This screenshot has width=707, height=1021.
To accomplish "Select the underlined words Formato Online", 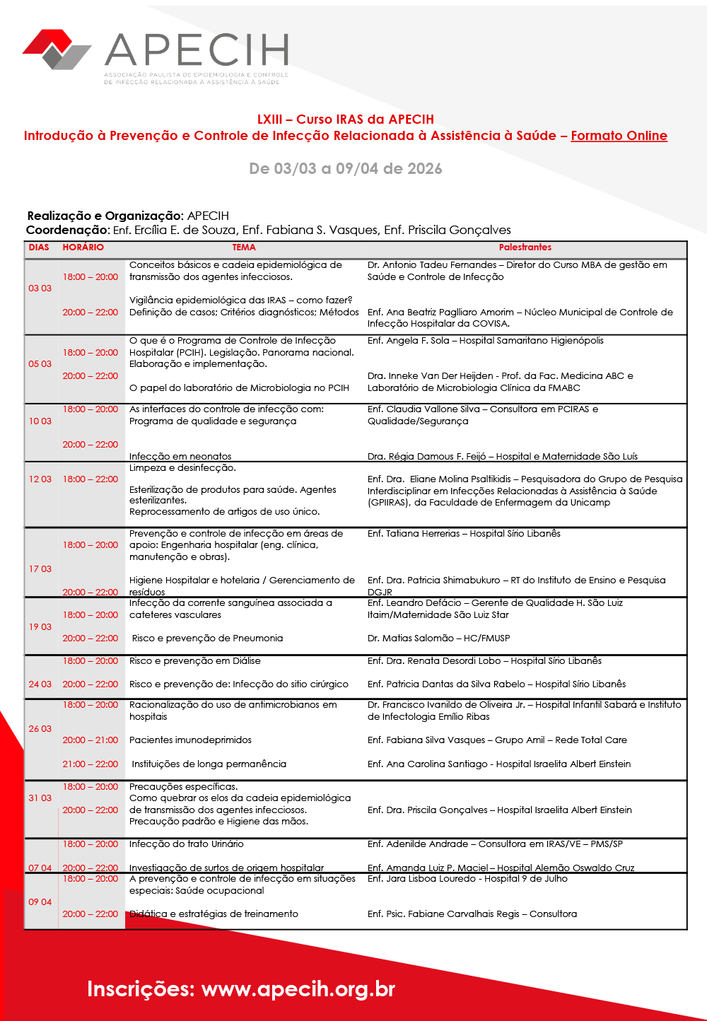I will pyautogui.click(x=619, y=136).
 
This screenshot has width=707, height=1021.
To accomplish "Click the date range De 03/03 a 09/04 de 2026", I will pyautogui.click(x=345, y=169).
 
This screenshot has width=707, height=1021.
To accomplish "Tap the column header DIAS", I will pyautogui.click(x=39, y=247).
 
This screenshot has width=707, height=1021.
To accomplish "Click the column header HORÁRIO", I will pyautogui.click(x=83, y=247).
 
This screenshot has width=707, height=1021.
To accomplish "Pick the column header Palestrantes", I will pyautogui.click(x=525, y=247).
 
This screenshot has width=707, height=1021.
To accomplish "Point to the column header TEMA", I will pyautogui.click(x=244, y=247).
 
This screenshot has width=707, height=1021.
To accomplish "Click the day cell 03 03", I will pyautogui.click(x=40, y=288).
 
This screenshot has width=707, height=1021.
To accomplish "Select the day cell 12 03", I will pyautogui.click(x=40, y=479).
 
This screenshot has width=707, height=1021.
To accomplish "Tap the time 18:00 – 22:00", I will pyautogui.click(x=90, y=479).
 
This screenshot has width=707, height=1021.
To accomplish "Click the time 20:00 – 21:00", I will pyautogui.click(x=90, y=740).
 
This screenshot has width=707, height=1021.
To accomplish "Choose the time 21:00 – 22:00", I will pyautogui.click(x=90, y=764).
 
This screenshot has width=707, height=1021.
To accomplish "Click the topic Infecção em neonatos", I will pyautogui.click(x=180, y=457).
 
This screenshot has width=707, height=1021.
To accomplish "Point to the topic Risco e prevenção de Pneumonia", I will pyautogui.click(x=207, y=638).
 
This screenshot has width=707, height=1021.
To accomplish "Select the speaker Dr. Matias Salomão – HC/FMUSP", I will pyautogui.click(x=438, y=638).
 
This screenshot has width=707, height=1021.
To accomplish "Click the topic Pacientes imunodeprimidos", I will pyautogui.click(x=190, y=740).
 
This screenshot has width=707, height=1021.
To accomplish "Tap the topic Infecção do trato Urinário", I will pyautogui.click(x=186, y=844).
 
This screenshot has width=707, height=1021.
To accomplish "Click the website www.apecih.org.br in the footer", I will pyautogui.click(x=298, y=989).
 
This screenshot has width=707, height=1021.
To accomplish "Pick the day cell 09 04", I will pyautogui.click(x=40, y=902).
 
